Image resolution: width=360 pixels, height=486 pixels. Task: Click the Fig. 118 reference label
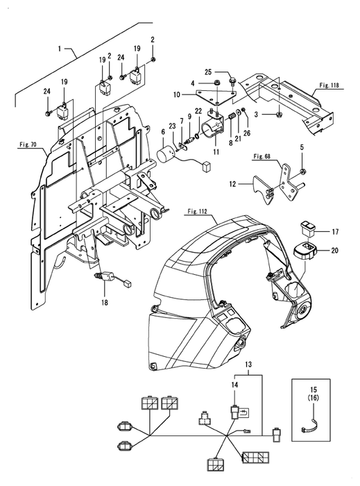click(x=329, y=85)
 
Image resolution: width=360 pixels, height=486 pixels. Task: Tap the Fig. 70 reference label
click(x=28, y=144)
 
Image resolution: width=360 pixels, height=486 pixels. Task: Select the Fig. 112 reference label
click(x=197, y=211)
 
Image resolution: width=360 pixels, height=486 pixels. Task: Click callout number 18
click(x=105, y=302)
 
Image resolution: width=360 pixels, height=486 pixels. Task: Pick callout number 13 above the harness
click(x=248, y=364)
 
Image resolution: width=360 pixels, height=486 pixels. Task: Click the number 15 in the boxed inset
click(x=314, y=389)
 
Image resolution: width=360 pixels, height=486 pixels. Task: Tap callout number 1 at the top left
click(x=60, y=49)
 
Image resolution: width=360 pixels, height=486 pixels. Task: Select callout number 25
click(x=208, y=72)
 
